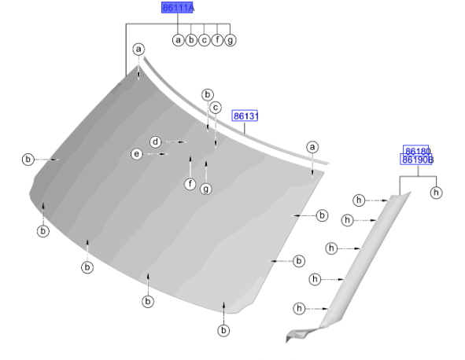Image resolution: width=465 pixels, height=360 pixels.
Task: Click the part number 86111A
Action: [177, 7]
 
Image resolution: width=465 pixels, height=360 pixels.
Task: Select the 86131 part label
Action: [245, 116]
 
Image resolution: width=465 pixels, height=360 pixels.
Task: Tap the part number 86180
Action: [416, 150]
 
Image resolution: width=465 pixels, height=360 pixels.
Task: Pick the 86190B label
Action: [417, 160]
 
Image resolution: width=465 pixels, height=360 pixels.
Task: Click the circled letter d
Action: [156, 142]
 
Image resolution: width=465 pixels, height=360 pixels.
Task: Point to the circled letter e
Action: [136, 154]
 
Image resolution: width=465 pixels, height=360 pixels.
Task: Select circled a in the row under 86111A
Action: [178, 40]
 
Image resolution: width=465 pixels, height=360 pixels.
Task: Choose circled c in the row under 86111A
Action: [204, 40]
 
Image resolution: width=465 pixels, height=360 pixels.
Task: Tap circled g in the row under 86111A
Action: [230, 40]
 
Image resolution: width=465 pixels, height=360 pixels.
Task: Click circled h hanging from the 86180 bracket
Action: [436, 193]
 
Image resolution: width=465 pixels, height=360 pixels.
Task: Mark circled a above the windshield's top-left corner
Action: [138, 50]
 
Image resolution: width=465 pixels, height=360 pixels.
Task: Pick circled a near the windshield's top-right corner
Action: [312, 147]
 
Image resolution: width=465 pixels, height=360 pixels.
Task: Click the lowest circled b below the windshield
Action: [223, 330]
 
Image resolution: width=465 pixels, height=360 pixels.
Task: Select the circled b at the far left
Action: [28, 160]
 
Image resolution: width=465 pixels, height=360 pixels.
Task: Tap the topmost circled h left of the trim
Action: [359, 200]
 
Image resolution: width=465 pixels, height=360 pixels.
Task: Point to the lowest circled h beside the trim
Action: [299, 308]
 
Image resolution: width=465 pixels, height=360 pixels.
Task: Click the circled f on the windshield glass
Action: [190, 184]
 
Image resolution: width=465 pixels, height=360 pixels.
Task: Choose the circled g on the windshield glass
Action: [206, 189]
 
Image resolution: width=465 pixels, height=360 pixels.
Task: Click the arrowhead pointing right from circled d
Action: [183, 142]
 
